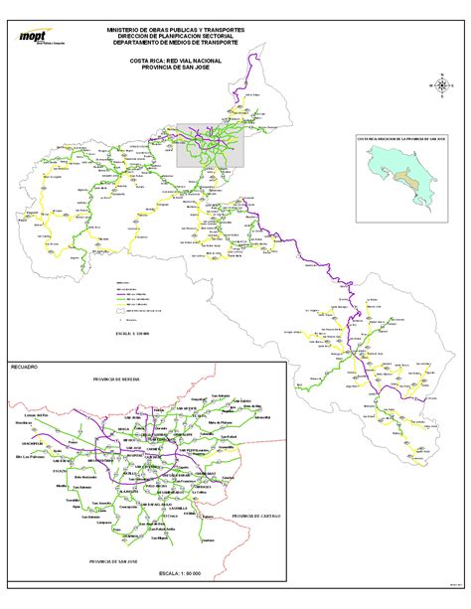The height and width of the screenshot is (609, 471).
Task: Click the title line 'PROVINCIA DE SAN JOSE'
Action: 174,67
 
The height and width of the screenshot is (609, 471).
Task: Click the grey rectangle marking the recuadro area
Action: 211,145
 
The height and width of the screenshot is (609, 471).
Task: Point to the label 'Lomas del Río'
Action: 36,413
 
